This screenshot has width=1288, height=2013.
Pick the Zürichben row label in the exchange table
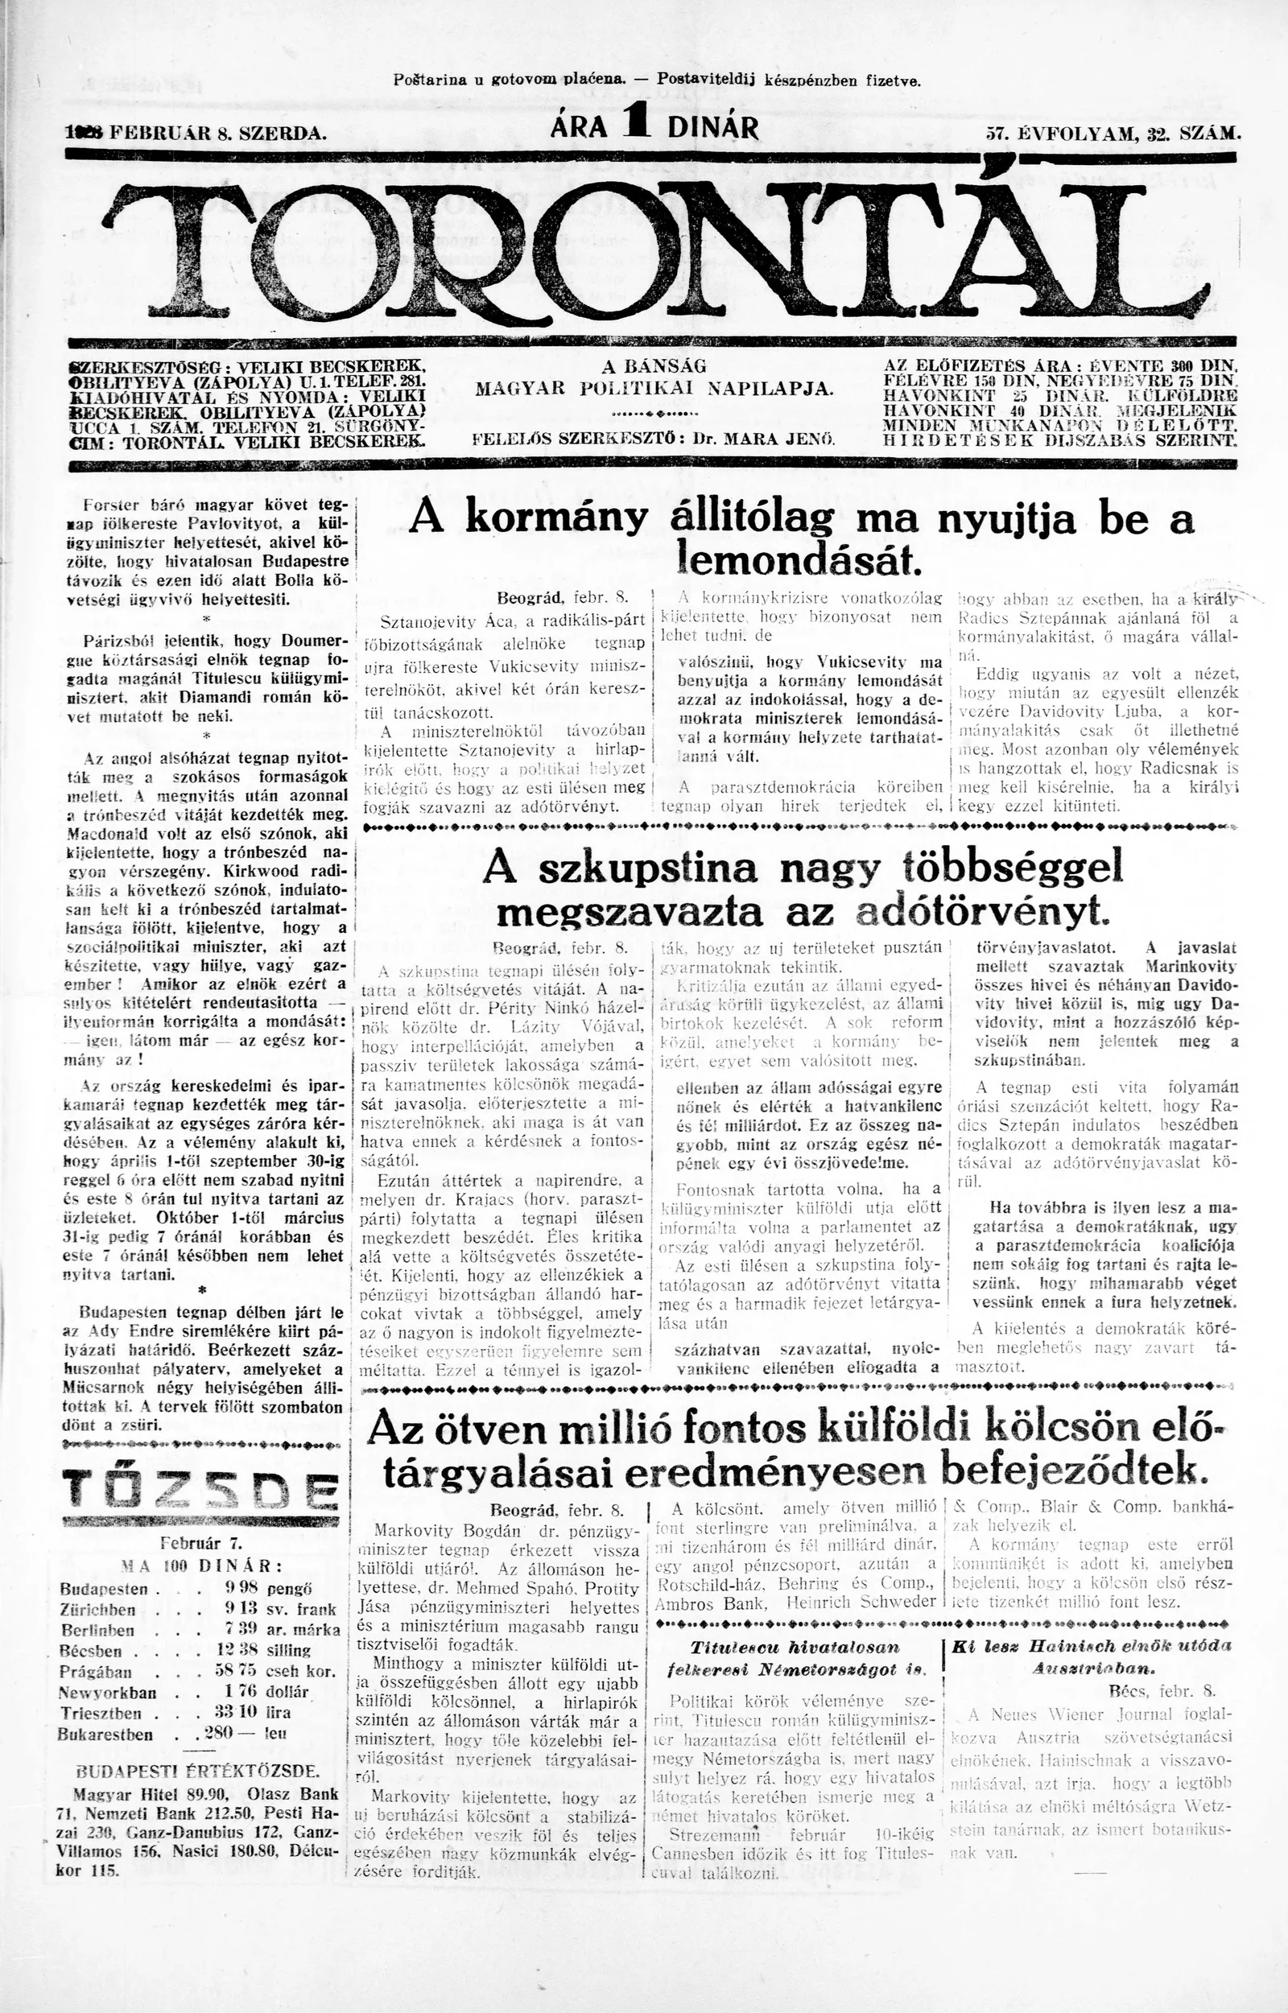point(98,1610)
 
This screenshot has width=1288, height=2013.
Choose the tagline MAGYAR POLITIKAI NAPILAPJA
point(654,389)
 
